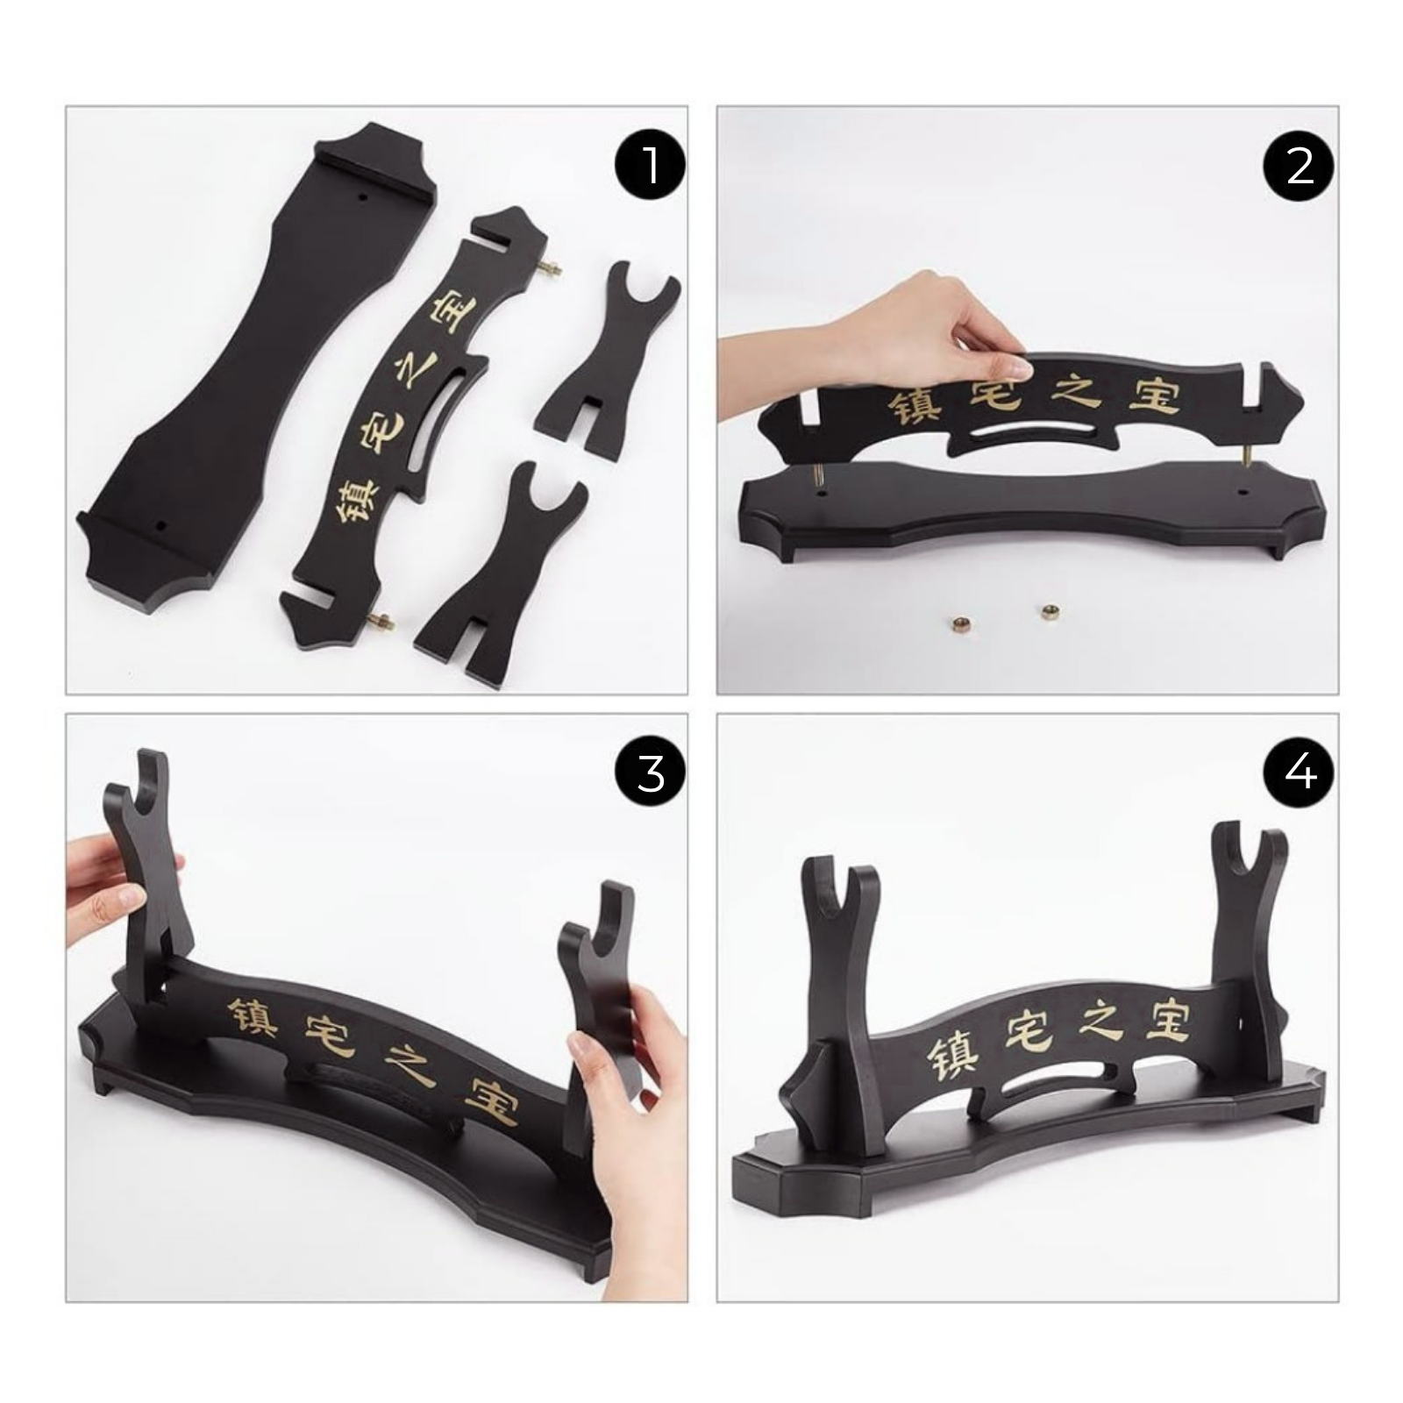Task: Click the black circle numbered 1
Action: pos(650,165)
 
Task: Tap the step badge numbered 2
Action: pos(1300,165)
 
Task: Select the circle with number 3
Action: pos(650,773)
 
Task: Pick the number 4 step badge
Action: pos(1300,773)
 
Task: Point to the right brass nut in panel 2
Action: pos(1045,612)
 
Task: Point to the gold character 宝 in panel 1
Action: pos(453,311)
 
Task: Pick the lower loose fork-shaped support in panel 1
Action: pos(502,574)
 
